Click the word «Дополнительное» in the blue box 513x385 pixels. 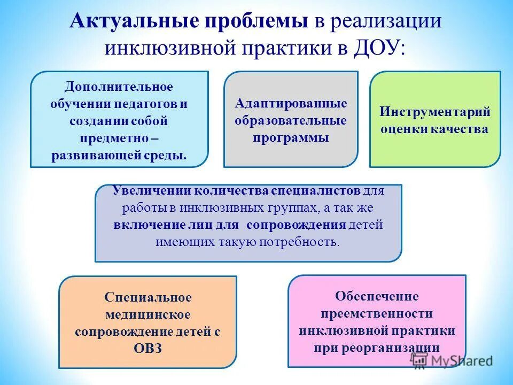click(119, 87)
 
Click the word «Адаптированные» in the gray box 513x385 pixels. click(291, 103)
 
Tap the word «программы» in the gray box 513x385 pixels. click(291, 138)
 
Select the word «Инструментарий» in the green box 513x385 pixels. click(435, 112)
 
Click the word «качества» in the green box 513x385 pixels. click(463, 129)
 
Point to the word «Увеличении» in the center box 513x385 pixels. click(152, 190)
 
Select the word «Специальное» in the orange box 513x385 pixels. click(148, 297)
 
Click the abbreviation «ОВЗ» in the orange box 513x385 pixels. click(147, 349)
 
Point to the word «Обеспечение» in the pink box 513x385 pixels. click(377, 296)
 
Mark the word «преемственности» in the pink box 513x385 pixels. click(377, 313)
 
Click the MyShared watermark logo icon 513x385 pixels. click(419, 360)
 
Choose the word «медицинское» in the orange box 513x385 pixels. click(148, 314)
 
